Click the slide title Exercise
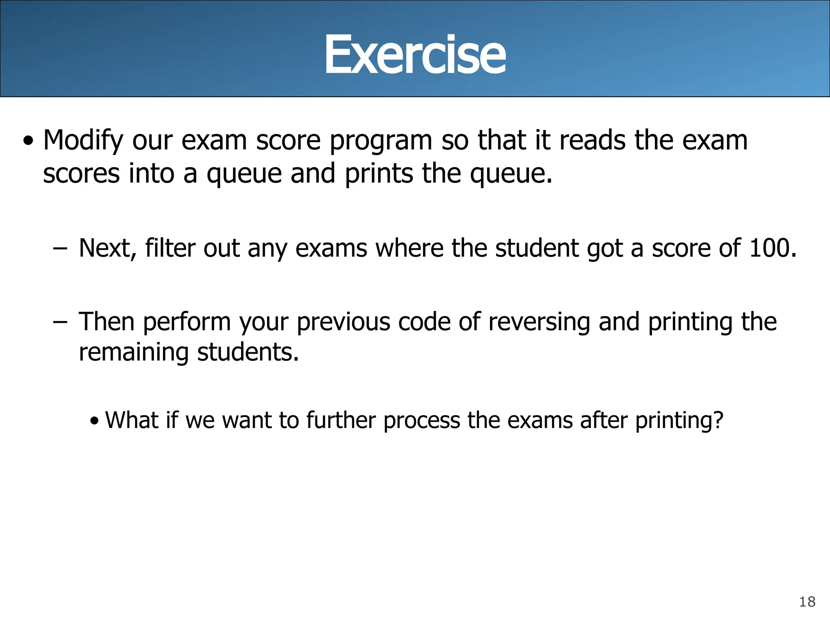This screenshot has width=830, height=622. coord(415,55)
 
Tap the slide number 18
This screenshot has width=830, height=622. coord(807,602)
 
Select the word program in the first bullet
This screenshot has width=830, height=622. coord(381,141)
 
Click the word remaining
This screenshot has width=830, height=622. coord(134,352)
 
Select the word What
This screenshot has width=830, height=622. coord(131,420)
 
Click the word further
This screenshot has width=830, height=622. coord(341,420)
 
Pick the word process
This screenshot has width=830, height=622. coord(421,421)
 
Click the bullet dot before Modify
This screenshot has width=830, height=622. coord(28,142)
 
